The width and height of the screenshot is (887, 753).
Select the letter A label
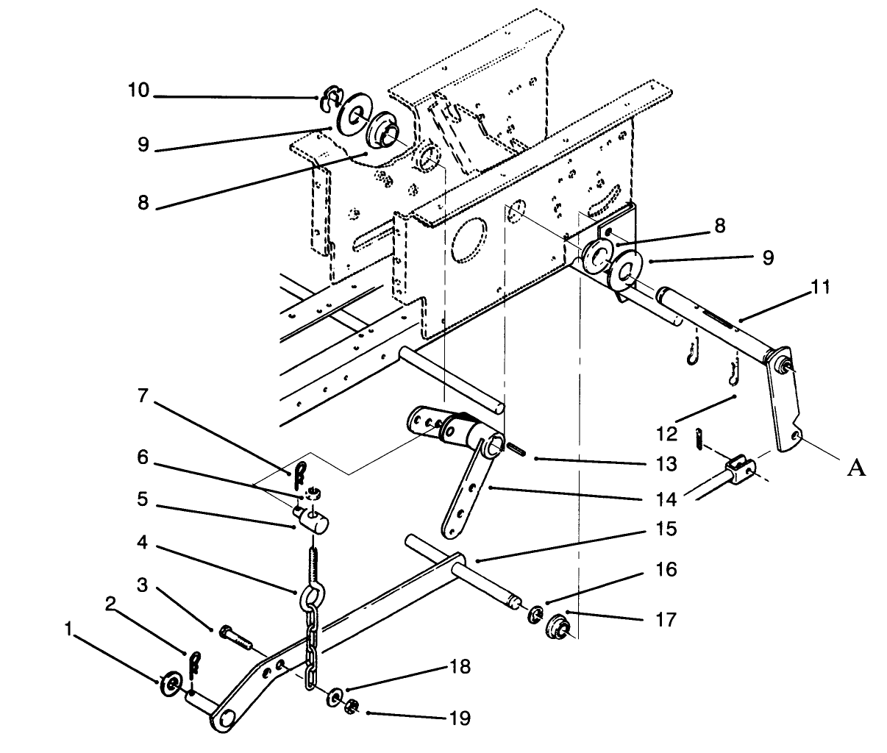(x=855, y=468)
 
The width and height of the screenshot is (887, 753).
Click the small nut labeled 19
(x=352, y=707)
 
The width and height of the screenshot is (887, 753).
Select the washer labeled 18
(x=335, y=696)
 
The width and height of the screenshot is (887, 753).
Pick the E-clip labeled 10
(x=327, y=101)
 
